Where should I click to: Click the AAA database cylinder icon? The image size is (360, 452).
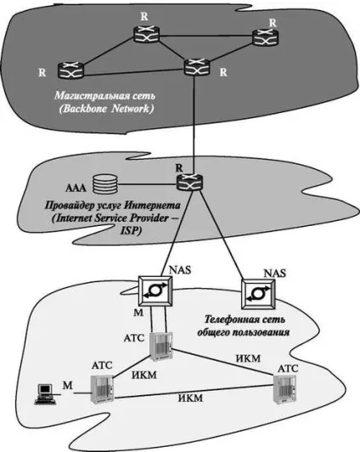[105, 184]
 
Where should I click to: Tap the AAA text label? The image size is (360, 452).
[76, 189]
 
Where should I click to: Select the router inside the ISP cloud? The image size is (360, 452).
[189, 182]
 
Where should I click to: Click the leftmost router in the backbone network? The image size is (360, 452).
[70, 70]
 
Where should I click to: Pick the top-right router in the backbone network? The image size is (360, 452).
[266, 37]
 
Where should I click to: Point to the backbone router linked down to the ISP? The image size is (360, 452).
[197, 67]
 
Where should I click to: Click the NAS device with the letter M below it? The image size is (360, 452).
[155, 291]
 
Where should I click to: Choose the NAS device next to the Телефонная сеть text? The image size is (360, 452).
[258, 294]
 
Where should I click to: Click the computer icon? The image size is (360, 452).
[44, 394]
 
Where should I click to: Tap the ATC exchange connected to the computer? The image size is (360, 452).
[102, 389]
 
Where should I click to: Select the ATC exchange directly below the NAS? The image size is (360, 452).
[161, 347]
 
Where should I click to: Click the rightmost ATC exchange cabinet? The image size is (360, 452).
[284, 390]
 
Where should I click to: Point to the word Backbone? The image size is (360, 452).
[86, 109]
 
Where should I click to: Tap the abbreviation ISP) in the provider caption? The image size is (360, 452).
[130, 231]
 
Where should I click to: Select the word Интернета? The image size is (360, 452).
[152, 206]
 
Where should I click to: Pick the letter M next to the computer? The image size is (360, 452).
[67, 386]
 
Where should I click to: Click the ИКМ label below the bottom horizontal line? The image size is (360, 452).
[191, 398]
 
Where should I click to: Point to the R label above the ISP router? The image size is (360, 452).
[179, 167]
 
